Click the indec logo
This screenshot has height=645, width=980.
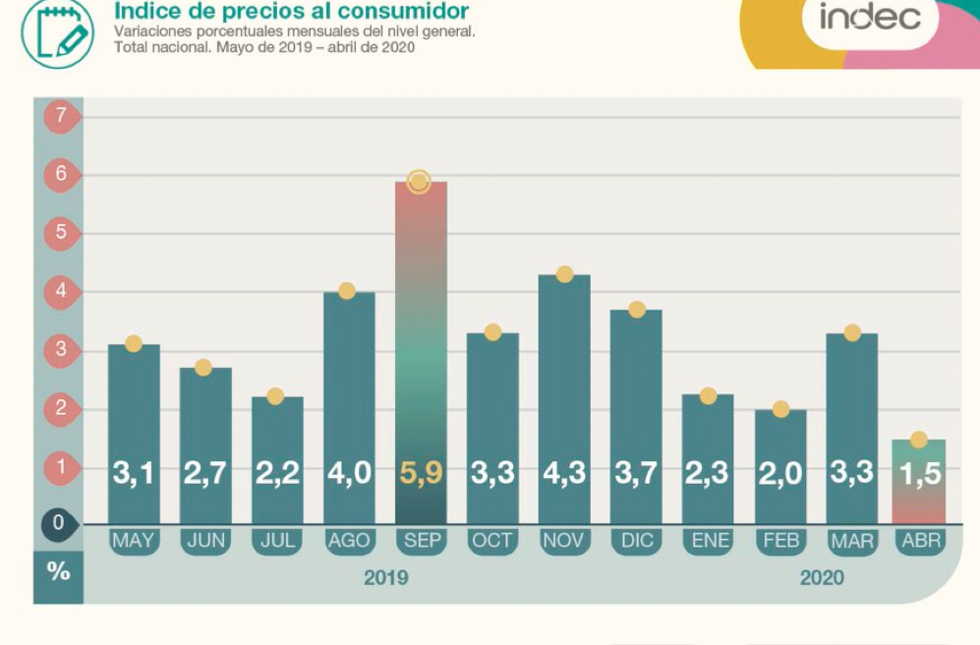point(869,17)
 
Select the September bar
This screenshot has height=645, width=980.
point(421,354)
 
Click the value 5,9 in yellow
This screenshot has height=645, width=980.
point(421,473)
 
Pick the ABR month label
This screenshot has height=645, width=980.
point(920,541)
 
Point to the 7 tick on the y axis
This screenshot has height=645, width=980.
point(61,116)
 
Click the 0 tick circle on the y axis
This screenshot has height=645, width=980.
point(58,524)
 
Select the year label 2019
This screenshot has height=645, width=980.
point(385,577)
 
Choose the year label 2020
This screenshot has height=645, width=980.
point(821,577)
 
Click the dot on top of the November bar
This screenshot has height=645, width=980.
point(564,274)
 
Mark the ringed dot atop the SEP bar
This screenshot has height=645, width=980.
point(420,182)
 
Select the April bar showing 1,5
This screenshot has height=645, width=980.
point(919,482)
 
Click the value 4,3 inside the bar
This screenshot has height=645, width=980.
point(564,473)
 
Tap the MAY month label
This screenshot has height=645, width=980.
point(133,541)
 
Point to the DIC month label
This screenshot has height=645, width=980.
point(636,541)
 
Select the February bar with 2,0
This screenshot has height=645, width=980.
point(780,467)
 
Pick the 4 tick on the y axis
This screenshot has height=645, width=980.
point(61,291)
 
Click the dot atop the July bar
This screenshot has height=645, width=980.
point(275,396)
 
